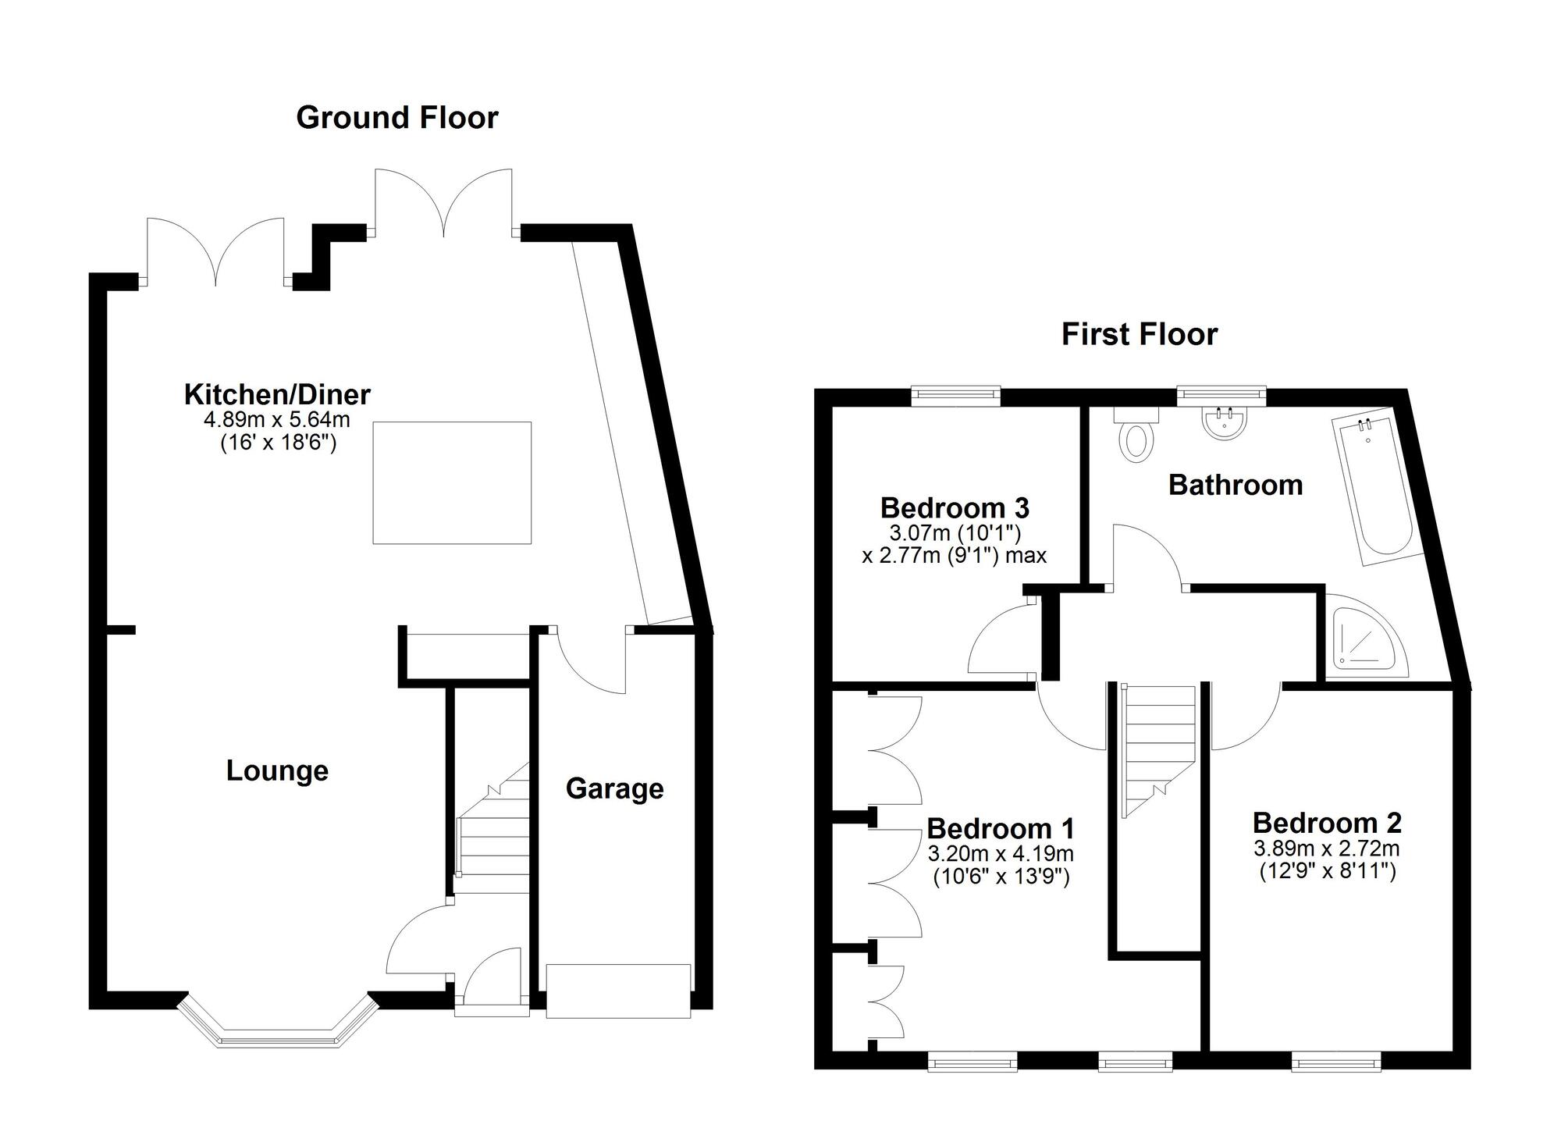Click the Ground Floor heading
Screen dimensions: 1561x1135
point(397,118)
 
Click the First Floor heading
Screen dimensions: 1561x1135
point(1140,334)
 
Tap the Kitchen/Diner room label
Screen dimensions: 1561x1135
point(277,395)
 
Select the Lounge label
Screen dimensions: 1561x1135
point(277,771)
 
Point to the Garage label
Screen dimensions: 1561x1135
point(615,789)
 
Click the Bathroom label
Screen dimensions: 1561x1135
point(1236,485)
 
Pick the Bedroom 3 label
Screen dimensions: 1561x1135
point(955,508)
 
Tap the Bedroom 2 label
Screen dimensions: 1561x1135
point(1327,823)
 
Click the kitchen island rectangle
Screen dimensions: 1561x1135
point(452,482)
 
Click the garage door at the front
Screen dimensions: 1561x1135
point(618,991)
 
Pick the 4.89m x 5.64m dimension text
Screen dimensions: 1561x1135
point(277,420)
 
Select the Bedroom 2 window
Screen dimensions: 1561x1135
point(1336,1060)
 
